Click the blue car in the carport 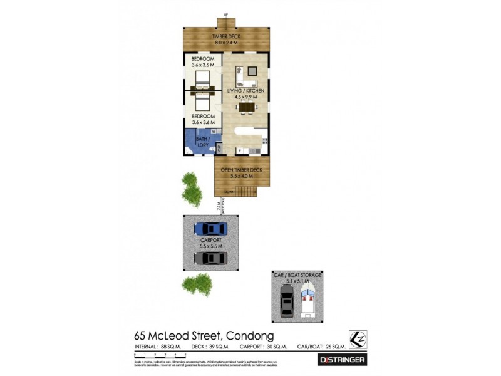point(210,229)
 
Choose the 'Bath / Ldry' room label point(202,142)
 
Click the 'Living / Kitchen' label point(245,94)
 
